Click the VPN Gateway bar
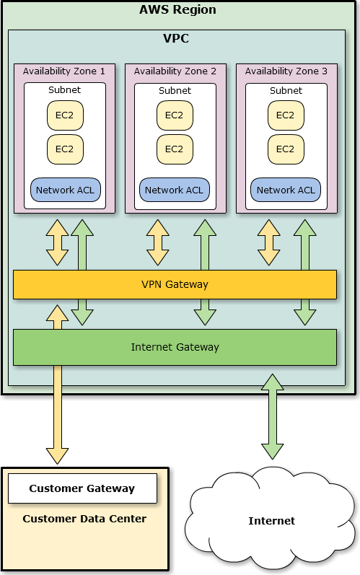pyautogui.click(x=175, y=284)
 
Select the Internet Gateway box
pyautogui.click(x=175, y=347)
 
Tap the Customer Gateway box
pyautogui.click(x=82, y=488)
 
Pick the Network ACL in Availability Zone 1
pyautogui.click(x=65, y=190)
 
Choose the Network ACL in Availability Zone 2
pyautogui.click(x=175, y=190)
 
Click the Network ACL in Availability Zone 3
pyautogui.click(x=286, y=190)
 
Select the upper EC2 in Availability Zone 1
pyautogui.click(x=65, y=115)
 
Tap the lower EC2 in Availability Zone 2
pyautogui.click(x=175, y=149)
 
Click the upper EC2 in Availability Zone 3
pyautogui.click(x=286, y=115)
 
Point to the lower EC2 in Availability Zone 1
pyautogui.click(x=65, y=149)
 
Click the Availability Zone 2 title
pyautogui.click(x=175, y=71)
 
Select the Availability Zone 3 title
pyautogui.click(x=286, y=71)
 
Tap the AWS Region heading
pyautogui.click(x=177, y=9)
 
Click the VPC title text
pyautogui.click(x=176, y=38)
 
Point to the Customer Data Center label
pyautogui.click(x=84, y=519)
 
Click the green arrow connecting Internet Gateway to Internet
pyautogui.click(x=273, y=416)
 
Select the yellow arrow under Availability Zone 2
pyautogui.click(x=158, y=242)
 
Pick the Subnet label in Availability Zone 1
pyautogui.click(x=64, y=90)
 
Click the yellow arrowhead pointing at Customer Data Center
pyautogui.click(x=57, y=456)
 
